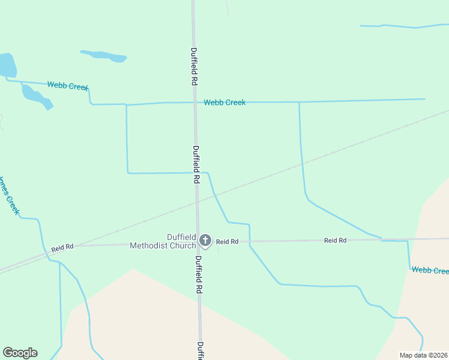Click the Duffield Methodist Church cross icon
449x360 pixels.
205,241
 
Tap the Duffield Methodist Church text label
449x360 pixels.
163,241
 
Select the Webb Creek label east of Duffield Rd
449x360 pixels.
224,103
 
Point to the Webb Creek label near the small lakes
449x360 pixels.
68,86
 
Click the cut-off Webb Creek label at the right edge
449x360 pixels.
430,271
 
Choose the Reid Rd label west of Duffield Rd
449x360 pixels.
62,247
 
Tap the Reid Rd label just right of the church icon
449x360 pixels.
228,241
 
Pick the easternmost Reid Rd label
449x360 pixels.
335,240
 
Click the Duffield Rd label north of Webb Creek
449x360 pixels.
194,67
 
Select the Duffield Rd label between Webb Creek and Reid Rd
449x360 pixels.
196,164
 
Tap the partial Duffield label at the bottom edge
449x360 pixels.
200,350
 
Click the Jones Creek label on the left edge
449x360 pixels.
10,196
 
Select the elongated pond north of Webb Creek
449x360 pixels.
104,56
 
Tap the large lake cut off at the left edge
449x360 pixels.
6,64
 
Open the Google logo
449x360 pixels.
20,353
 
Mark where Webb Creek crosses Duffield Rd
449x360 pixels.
194,103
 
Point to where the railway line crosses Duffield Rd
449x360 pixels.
197,200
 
